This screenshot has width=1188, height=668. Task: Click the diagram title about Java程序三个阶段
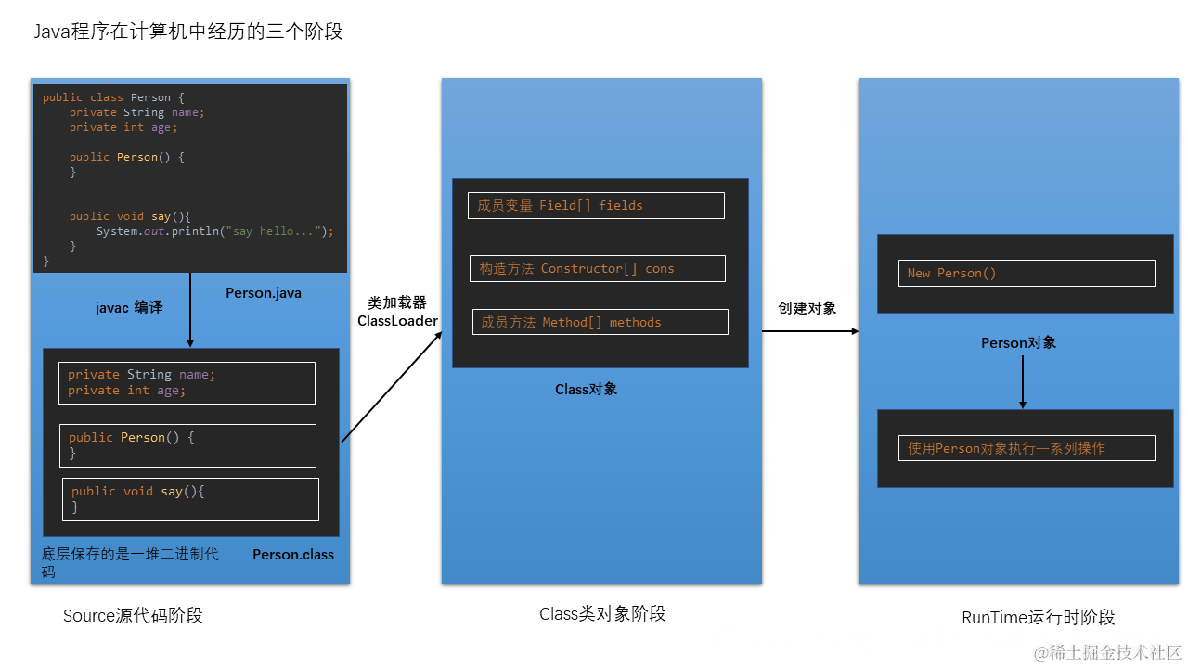click(x=188, y=32)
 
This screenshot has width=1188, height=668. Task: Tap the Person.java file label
click(x=264, y=293)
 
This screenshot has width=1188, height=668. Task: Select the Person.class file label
click(x=293, y=555)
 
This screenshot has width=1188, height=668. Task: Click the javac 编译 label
click(x=129, y=307)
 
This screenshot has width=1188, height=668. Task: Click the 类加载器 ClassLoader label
click(x=397, y=312)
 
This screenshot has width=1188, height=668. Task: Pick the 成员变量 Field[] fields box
click(x=596, y=206)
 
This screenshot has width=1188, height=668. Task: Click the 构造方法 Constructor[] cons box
click(x=598, y=269)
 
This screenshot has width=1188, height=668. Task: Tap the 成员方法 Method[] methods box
click(x=600, y=322)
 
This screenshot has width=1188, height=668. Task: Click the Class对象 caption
click(x=586, y=390)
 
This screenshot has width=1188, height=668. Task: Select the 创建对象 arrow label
click(x=807, y=308)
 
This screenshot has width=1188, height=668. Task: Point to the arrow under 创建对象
click(x=809, y=330)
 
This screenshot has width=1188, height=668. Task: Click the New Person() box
click(x=1026, y=273)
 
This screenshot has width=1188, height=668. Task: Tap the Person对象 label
click(x=1018, y=342)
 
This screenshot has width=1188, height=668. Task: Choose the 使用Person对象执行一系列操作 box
click(x=1027, y=448)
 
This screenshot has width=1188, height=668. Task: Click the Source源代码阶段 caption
click(x=133, y=615)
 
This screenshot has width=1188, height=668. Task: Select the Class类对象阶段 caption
click(x=602, y=613)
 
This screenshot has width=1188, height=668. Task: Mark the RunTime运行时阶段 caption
click(x=1038, y=617)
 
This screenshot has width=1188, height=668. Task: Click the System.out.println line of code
click(x=214, y=231)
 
